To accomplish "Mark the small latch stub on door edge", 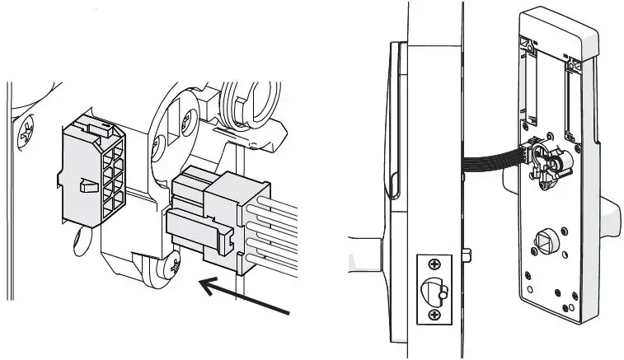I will pos(467,251).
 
